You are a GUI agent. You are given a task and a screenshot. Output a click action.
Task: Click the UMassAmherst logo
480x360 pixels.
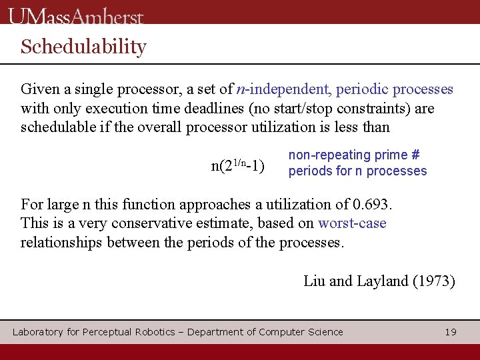(76, 15)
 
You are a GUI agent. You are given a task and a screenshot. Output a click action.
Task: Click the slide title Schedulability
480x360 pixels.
(83, 47)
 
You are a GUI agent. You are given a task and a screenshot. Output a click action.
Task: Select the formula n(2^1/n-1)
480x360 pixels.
(237, 165)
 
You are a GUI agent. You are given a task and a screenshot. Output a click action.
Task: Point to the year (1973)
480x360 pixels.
(434, 281)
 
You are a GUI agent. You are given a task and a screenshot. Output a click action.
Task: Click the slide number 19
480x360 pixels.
(451, 332)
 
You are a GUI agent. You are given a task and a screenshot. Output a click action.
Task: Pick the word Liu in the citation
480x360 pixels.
(314, 281)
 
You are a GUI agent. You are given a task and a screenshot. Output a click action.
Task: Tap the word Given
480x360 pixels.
(39, 89)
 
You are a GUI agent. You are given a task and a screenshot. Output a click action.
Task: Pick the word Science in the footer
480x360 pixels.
(325, 332)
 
